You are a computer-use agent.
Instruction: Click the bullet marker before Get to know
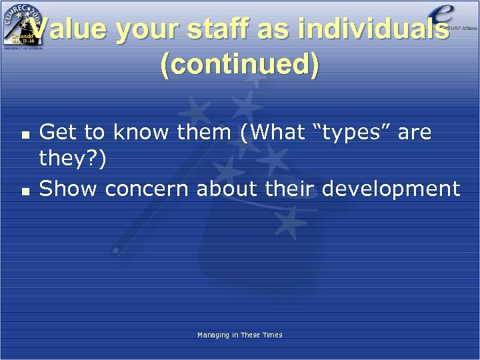point(25,133)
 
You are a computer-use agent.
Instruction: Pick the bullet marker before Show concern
point(25,190)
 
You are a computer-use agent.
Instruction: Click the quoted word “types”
point(351,133)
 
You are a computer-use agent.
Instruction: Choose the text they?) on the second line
point(72,161)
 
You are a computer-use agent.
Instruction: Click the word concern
point(147,189)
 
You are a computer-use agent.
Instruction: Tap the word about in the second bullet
point(227,189)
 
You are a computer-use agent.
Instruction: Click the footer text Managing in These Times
point(239,335)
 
